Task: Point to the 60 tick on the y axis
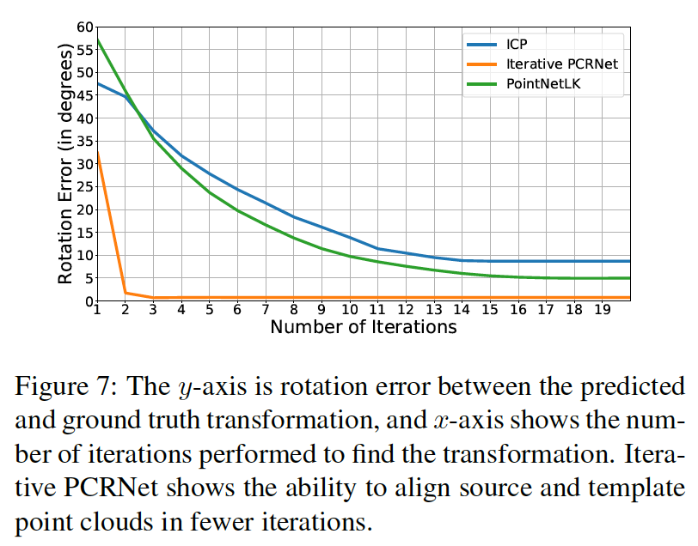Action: point(83,27)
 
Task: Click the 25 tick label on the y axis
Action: point(83,187)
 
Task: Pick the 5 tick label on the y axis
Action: point(86,278)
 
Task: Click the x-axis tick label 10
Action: point(351,311)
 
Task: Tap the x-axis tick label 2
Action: point(126,311)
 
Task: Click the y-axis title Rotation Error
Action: point(65,163)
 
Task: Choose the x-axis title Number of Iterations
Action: point(363,327)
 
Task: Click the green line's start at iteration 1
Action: point(97,39)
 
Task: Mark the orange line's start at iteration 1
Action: point(97,152)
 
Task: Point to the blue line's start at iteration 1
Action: point(97,83)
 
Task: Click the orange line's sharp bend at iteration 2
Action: point(126,293)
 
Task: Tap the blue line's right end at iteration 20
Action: point(629,261)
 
